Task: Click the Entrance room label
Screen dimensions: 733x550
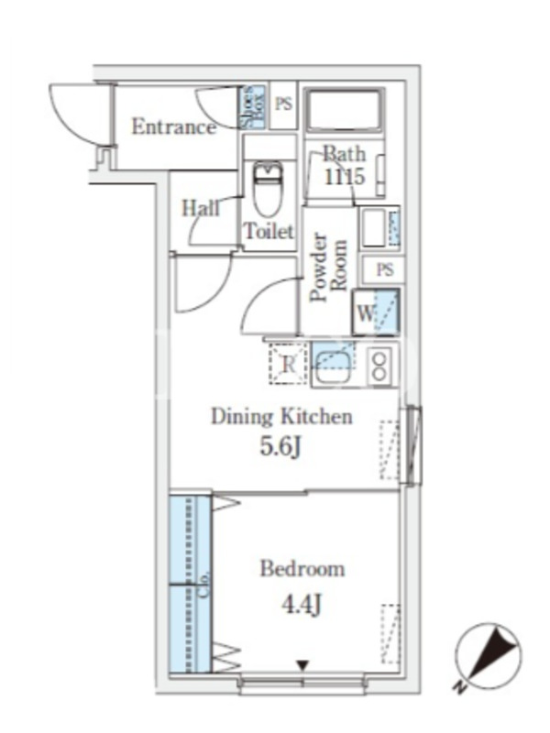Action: point(173,126)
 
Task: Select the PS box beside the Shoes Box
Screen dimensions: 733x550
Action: point(283,105)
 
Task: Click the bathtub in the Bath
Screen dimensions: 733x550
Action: point(344,112)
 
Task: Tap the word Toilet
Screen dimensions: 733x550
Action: point(268,232)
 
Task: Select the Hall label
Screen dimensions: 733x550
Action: point(201,208)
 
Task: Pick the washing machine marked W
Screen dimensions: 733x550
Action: point(376,312)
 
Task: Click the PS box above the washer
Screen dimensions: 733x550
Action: point(385,269)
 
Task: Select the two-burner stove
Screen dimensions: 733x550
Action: point(379,364)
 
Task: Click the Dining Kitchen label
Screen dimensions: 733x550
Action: point(281,417)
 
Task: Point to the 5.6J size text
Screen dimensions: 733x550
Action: point(281,451)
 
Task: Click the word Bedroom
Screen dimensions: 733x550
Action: point(302,569)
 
